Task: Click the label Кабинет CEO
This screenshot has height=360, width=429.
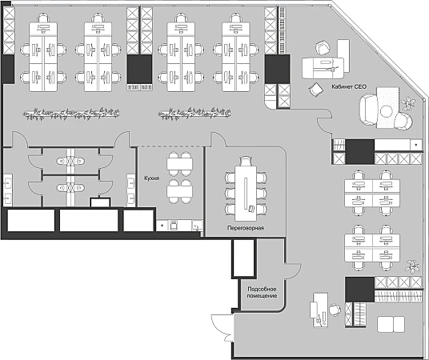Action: (x=349, y=86)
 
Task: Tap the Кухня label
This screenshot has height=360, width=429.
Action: (x=152, y=178)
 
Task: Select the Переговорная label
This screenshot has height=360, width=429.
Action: (x=246, y=227)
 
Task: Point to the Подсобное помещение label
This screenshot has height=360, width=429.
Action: (x=262, y=293)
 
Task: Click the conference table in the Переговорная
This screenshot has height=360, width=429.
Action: (x=246, y=193)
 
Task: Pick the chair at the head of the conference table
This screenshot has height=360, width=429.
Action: (x=246, y=161)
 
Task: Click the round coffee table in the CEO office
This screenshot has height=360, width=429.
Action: (x=387, y=111)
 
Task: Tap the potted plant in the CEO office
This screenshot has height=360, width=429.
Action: (x=409, y=103)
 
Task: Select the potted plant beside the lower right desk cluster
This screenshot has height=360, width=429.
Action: (x=412, y=266)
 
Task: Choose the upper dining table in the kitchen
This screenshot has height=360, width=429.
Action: (x=180, y=164)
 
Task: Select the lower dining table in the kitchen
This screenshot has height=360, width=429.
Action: (x=180, y=191)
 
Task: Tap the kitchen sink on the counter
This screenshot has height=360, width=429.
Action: (x=197, y=226)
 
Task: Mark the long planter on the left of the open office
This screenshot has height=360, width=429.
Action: (x=71, y=114)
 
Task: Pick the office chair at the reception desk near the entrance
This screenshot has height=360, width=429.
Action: (x=335, y=310)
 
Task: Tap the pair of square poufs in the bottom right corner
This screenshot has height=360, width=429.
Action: (x=391, y=325)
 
